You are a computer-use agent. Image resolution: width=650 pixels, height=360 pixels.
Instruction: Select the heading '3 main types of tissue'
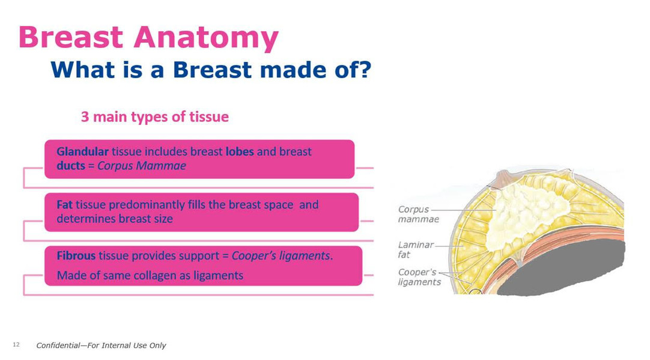coord(154,117)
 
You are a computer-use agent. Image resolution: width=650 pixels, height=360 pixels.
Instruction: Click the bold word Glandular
coord(82,151)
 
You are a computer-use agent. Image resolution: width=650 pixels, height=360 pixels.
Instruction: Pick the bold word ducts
coord(71,166)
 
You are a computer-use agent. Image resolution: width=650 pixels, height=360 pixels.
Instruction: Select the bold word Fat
coord(65,204)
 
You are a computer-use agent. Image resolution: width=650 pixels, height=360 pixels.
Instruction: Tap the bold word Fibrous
coord(76,255)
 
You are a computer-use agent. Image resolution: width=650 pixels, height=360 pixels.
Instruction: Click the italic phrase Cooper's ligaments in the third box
coord(281,255)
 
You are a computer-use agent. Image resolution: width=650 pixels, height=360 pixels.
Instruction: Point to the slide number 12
coord(16,345)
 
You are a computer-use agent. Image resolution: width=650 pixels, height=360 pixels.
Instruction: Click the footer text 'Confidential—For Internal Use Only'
coord(101,346)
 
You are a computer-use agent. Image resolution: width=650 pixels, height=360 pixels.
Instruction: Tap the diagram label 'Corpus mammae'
coord(418,215)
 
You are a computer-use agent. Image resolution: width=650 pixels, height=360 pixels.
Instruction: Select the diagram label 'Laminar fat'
coord(415,250)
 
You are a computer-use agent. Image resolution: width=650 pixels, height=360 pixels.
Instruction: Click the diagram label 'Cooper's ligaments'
coord(419,277)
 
